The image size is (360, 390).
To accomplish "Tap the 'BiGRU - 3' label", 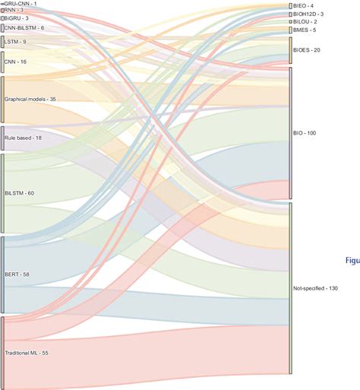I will (x=17, y=17).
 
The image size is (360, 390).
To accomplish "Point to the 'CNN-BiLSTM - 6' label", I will (x=24, y=27).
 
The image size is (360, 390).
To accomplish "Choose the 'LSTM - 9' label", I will (x=15, y=42).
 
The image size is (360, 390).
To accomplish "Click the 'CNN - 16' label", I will (x=16, y=62).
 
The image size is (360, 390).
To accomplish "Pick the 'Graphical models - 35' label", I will (x=30, y=99).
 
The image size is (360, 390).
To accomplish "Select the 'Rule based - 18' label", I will (x=24, y=138).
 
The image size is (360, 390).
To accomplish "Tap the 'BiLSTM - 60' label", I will (x=20, y=193).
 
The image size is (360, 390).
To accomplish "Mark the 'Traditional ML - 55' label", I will (x=27, y=354).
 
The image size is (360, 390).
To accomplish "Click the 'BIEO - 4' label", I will (x=303, y=6).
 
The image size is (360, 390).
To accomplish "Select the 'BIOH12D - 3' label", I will (x=308, y=14).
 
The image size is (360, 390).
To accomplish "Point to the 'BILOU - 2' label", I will (x=305, y=21).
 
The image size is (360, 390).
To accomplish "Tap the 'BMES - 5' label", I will (x=304, y=30).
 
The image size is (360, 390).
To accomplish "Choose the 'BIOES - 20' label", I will (x=307, y=50).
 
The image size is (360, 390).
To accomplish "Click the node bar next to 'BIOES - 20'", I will (x=290, y=50).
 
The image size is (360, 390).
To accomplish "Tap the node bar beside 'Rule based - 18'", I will (x=3, y=138).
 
